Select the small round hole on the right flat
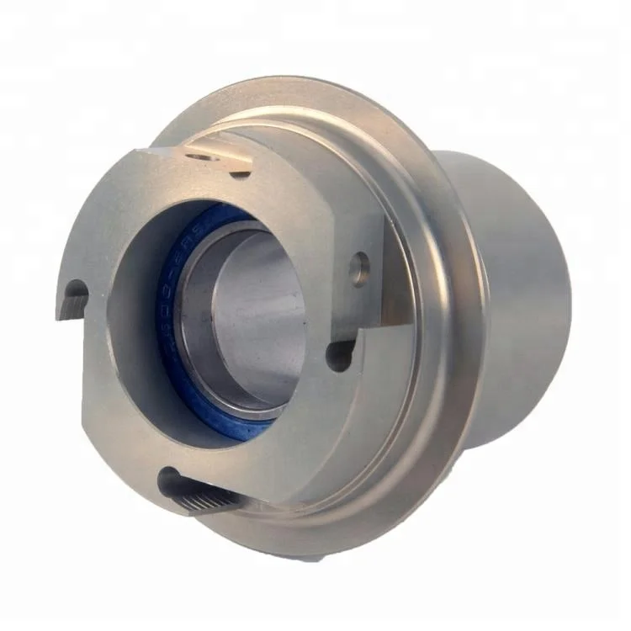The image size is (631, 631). coord(361,268)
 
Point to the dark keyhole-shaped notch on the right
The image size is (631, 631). coord(341,354)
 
